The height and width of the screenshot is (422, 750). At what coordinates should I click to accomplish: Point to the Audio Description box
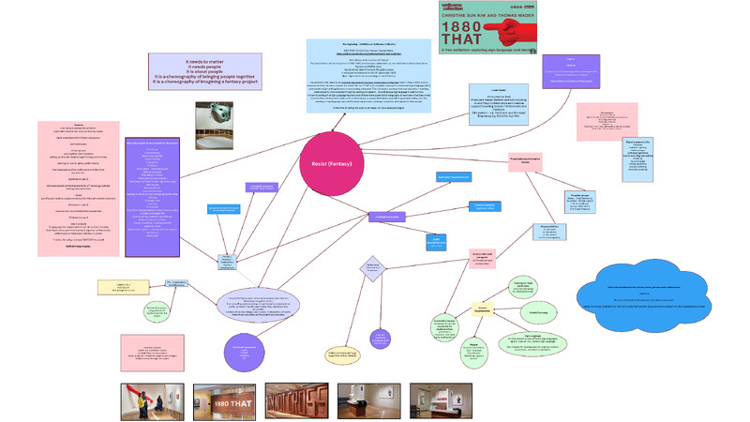pos(437,241)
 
